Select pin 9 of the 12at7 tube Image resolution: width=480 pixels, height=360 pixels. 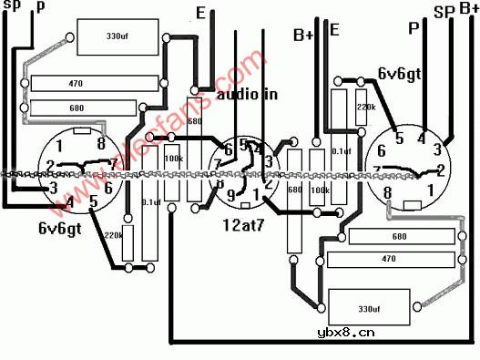pyautogui.click(x=231, y=193)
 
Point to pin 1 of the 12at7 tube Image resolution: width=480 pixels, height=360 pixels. pyautogui.click(x=257, y=194)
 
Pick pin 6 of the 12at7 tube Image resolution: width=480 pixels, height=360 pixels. pyautogui.click(x=229, y=149)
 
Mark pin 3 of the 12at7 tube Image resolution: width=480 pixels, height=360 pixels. pyautogui.click(x=269, y=161)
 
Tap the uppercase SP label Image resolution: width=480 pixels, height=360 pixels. pyautogui.click(x=444, y=12)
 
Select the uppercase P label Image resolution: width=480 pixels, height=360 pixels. pyautogui.click(x=414, y=28)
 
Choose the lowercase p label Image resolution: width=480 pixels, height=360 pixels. pyautogui.click(x=38, y=7)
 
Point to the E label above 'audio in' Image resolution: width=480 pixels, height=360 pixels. pyautogui.click(x=200, y=13)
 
